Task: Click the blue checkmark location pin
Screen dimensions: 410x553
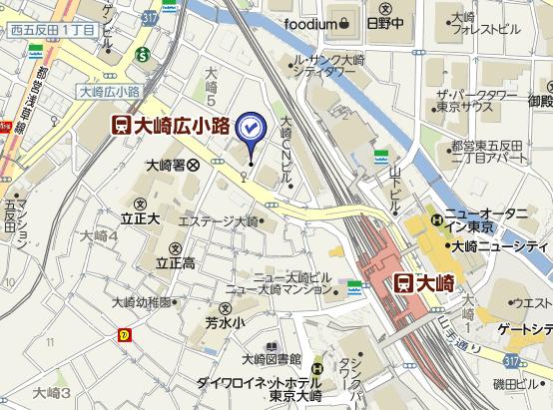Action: tap(250, 127)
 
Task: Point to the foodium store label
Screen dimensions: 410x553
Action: tap(316, 22)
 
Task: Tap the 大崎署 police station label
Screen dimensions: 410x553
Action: tap(172, 165)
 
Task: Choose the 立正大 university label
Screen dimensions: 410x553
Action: tap(141, 217)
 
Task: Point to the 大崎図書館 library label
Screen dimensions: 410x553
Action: tap(271, 358)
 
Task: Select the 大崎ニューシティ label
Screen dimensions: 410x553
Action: tap(498, 245)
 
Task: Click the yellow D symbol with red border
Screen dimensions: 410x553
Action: tap(124, 334)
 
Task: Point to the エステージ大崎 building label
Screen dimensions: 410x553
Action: tap(218, 220)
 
